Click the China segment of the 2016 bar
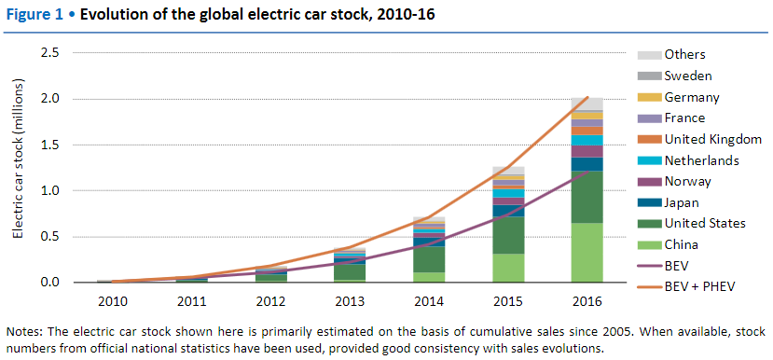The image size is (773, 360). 587,253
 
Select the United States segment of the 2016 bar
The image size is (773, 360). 587,197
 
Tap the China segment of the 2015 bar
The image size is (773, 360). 508,268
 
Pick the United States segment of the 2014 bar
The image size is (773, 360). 430,259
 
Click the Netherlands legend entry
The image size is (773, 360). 701,160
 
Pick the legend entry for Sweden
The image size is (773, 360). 689,76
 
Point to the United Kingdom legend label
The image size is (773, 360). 713,139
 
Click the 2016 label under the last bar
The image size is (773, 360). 587,302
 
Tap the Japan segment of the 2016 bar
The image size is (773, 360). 587,164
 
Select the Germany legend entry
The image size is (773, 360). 692,97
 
